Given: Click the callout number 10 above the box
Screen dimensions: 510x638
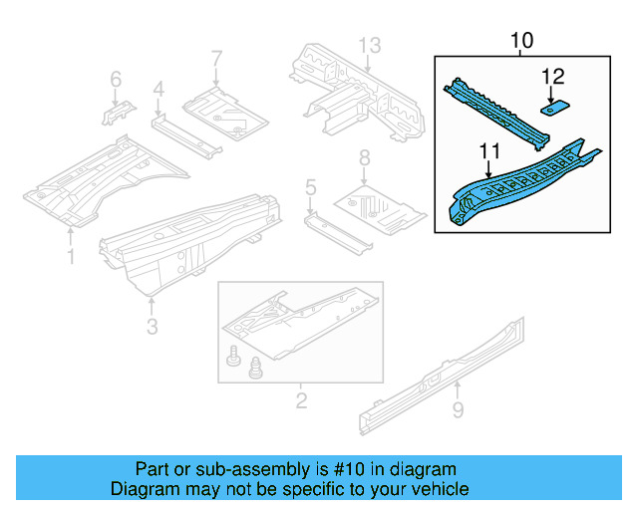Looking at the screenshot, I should [x=521, y=40].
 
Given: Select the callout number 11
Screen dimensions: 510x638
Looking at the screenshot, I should [x=488, y=151].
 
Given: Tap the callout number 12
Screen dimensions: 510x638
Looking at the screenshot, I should [x=552, y=76].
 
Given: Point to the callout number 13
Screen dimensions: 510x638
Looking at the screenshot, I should [x=370, y=45].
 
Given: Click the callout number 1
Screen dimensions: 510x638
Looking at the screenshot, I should [x=71, y=258].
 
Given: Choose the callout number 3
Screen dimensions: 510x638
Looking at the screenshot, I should [x=152, y=326].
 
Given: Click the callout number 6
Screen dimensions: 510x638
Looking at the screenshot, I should [x=116, y=79].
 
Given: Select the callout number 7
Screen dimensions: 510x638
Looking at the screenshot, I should [x=216, y=61].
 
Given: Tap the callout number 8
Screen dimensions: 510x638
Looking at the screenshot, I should [x=365, y=157].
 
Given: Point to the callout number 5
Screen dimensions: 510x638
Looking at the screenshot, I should [x=311, y=186].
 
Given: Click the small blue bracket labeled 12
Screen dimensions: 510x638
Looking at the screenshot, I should [x=554, y=102].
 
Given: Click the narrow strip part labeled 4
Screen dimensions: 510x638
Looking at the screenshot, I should [x=184, y=134].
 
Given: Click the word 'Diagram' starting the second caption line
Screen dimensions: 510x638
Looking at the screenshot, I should [x=143, y=489].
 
